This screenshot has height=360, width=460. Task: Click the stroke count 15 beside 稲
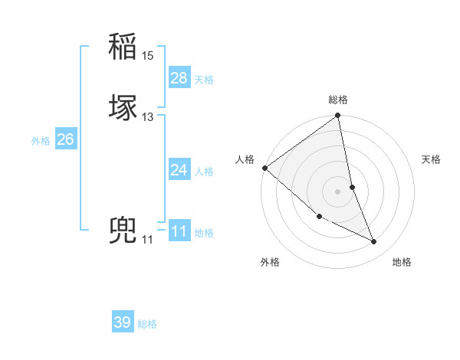pos(148,56)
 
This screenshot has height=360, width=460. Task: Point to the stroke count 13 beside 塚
pos(148,117)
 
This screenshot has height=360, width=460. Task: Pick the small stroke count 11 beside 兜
pos(147,240)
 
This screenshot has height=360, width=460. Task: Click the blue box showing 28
pos(179,78)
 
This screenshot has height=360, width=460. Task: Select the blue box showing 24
pos(179,170)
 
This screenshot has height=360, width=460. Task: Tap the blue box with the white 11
pos(179,231)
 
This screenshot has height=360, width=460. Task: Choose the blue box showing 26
pos(65,139)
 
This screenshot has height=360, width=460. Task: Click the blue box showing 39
pos(123,322)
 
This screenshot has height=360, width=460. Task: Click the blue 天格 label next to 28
pos(204,80)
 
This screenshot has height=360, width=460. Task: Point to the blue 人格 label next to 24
pos(204,172)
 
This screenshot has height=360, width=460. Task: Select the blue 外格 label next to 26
pos(41,140)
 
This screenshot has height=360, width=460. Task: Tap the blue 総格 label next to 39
pos(147,324)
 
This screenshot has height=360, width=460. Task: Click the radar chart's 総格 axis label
pos(338,100)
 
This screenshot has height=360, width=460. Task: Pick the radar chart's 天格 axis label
pos(432,159)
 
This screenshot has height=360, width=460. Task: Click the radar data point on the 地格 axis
pos(374,242)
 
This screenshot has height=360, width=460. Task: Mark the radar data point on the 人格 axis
pos(264,168)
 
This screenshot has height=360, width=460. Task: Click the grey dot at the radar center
pos(338,191)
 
